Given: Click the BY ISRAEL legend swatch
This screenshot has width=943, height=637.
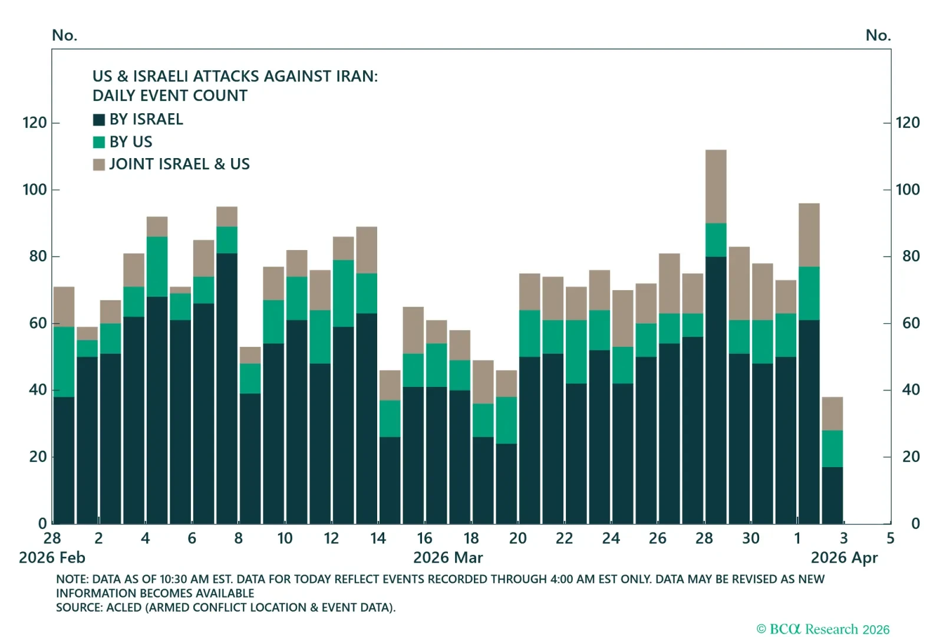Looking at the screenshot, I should point(99,120).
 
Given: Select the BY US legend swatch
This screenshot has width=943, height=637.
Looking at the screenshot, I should point(99,142).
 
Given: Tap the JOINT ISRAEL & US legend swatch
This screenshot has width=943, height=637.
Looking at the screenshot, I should point(99,165).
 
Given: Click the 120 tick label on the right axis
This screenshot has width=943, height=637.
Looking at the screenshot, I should point(908,123).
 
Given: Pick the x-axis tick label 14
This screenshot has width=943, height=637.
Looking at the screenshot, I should point(378,539).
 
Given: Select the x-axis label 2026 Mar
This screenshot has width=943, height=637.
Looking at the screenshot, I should point(448,558).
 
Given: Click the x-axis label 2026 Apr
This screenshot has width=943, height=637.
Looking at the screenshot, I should point(844,558).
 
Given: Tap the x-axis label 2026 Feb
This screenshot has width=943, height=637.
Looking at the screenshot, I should point(52,558).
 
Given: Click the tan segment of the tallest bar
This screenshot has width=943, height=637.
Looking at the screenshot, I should point(716,186).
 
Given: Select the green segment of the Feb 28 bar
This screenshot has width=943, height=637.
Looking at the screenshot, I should point(64,362).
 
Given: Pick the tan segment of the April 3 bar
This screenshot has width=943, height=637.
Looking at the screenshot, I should point(832,413).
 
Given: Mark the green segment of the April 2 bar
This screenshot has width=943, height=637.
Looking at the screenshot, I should point(809,293).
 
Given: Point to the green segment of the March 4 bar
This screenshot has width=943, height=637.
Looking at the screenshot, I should point(157,267).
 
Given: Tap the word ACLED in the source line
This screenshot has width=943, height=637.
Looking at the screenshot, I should point(124,608).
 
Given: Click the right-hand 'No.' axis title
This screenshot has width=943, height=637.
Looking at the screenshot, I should point(878,35).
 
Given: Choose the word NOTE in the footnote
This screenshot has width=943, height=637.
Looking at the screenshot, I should point(71,579).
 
